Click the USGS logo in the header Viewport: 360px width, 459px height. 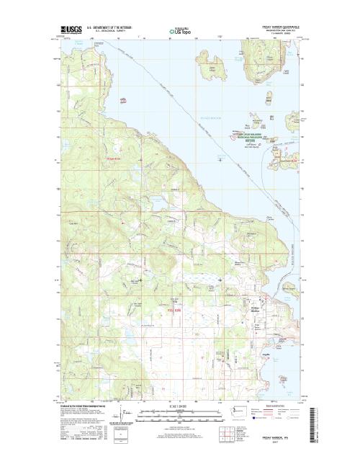click(x=71, y=31)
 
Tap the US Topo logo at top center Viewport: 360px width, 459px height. click(x=181, y=32)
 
